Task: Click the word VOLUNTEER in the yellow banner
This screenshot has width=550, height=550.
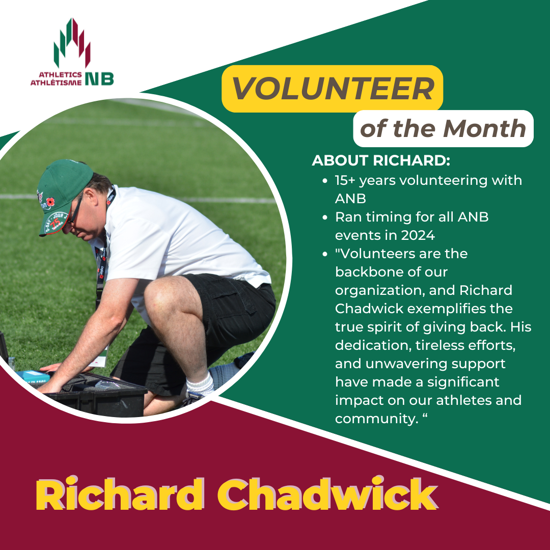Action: pyautogui.click(x=333, y=88)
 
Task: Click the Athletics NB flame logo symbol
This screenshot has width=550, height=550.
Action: pyautogui.click(x=72, y=43)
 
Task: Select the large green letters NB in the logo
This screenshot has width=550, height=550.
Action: pyautogui.click(x=100, y=78)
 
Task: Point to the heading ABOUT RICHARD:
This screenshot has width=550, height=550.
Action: pyautogui.click(x=381, y=160)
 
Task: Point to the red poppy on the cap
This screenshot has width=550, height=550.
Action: pyautogui.click(x=50, y=202)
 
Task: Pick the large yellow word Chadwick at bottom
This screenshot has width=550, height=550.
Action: pyautogui.click(x=327, y=494)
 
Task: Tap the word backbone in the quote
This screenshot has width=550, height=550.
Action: pyautogui.click(x=391, y=272)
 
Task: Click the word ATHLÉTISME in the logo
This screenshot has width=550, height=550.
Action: pyautogui.click(x=56, y=83)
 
